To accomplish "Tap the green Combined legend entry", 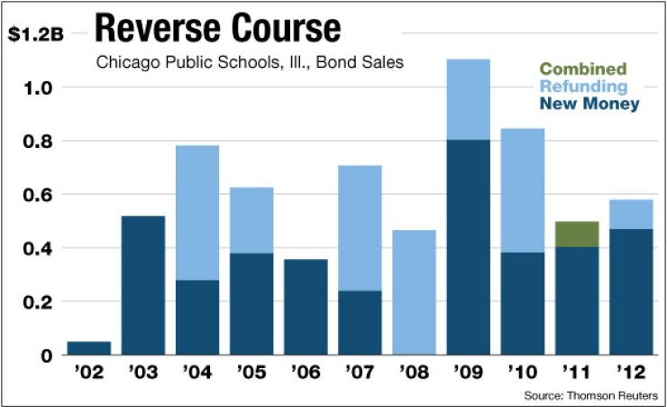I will point(584,69).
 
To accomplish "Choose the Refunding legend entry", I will point(584,87).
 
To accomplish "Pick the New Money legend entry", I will point(589,104).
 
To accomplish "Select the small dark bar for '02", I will point(89,348).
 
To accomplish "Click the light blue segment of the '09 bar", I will point(467,99).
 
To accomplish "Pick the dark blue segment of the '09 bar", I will point(467,247).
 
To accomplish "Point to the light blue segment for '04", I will point(196,212).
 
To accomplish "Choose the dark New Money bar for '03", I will point(143,285).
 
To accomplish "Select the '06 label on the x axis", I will point(305,373).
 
